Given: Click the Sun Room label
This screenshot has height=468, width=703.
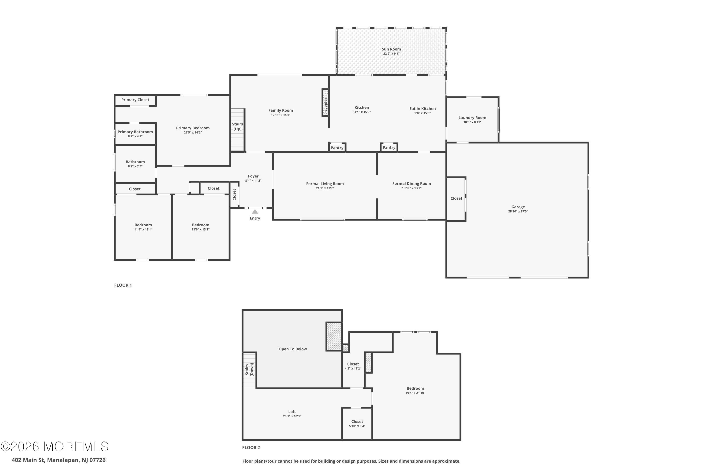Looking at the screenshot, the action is pyautogui.click(x=391, y=49).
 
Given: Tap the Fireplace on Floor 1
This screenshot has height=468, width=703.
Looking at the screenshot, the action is pyautogui.click(x=325, y=102).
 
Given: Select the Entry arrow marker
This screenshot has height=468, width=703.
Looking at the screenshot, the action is pyautogui.click(x=255, y=212).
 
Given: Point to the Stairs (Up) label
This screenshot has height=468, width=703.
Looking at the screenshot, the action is pyautogui.click(x=238, y=127).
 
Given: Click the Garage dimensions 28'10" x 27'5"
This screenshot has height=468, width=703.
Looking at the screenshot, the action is pyautogui.click(x=518, y=211).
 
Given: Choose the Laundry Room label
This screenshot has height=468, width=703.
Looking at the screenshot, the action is pyautogui.click(x=472, y=118).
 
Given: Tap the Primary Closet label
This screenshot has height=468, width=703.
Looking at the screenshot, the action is pyautogui.click(x=135, y=100).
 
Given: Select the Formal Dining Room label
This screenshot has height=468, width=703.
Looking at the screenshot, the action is pyautogui.click(x=411, y=183).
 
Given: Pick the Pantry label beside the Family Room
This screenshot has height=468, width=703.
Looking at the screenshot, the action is pyautogui.click(x=337, y=148).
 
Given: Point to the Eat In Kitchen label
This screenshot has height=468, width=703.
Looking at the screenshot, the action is pyautogui.click(x=422, y=109).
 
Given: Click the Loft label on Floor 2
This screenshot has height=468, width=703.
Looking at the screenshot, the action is pyautogui.click(x=292, y=412).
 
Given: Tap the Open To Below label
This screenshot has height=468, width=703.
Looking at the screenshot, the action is pyautogui.click(x=293, y=349).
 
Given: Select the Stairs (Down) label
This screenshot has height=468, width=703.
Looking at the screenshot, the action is pyautogui.click(x=249, y=369).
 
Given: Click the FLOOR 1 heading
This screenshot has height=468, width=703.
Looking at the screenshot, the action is pyautogui.click(x=123, y=285).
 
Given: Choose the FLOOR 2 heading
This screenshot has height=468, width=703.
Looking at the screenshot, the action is pyautogui.click(x=251, y=447).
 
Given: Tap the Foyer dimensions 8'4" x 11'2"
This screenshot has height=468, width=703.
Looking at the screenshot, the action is pyautogui.click(x=253, y=181).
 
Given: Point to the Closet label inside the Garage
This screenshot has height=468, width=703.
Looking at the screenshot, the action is pyautogui.click(x=456, y=198).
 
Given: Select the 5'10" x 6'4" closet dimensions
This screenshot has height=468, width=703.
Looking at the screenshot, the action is pyautogui.click(x=357, y=426).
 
